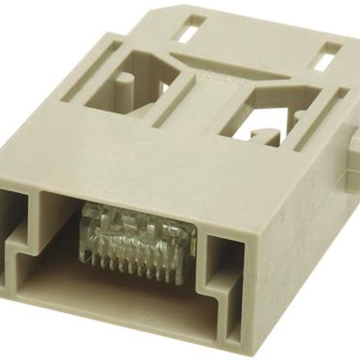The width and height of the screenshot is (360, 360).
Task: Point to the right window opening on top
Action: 264,108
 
